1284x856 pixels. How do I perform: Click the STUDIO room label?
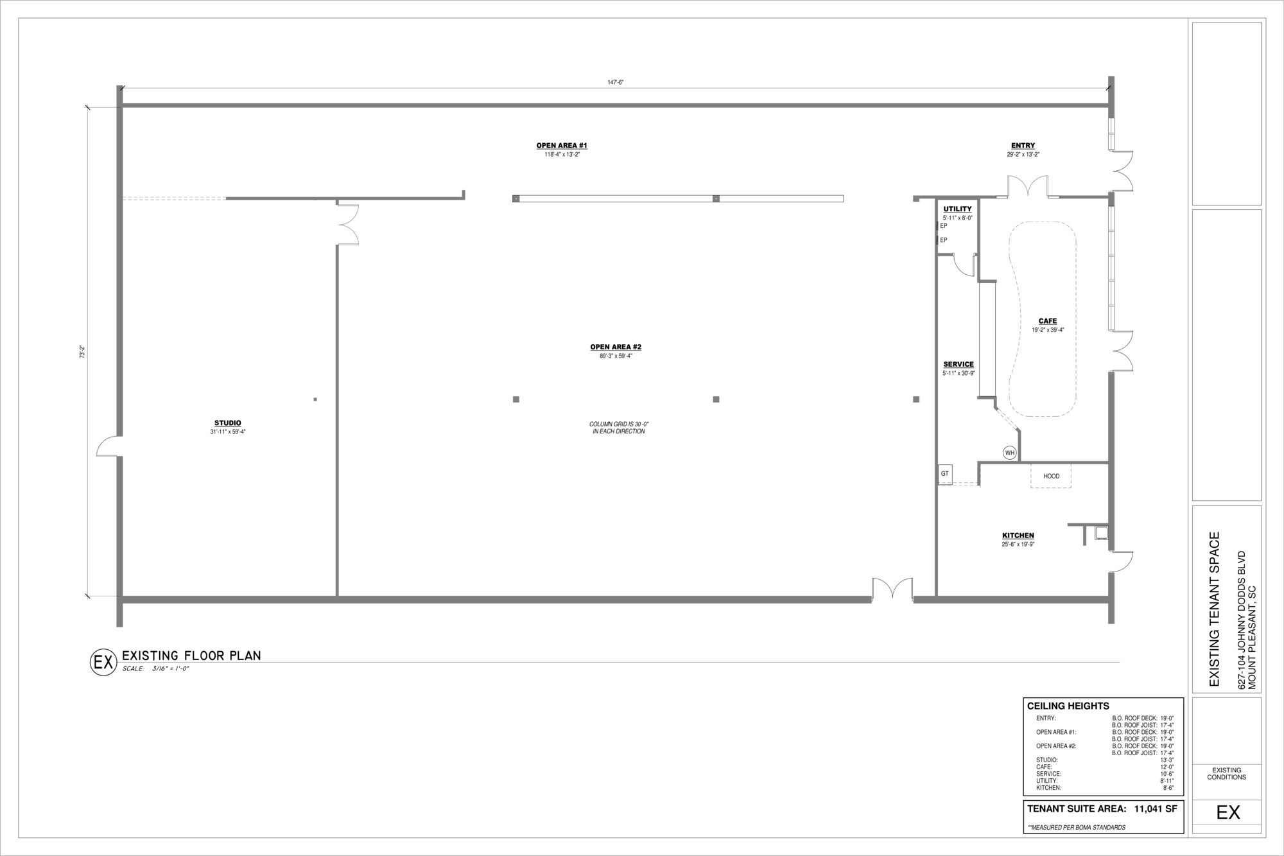point(228,423)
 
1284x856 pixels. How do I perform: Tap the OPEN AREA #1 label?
point(562,146)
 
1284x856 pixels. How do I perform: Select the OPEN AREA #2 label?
point(616,347)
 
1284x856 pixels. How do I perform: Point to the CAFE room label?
point(1048,322)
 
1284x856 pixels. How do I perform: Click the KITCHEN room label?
point(1018,536)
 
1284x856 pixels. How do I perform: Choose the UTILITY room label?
point(957,209)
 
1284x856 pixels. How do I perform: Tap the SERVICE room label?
point(959,365)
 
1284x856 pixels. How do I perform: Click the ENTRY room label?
point(1023,146)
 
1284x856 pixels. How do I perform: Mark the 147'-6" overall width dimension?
point(616,82)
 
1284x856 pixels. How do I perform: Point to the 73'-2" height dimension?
point(82,352)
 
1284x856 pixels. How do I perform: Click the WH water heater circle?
point(1010,453)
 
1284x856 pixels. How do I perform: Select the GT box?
point(945,474)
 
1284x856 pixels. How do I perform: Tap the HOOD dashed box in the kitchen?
point(1051,476)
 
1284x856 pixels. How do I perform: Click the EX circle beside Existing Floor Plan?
point(103,662)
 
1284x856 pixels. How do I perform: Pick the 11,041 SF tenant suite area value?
point(1156,809)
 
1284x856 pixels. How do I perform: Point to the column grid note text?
point(619,428)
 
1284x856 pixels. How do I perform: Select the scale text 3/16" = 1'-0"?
point(170,669)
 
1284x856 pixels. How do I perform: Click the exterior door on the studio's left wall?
point(108,446)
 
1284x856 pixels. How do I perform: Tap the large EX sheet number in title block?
point(1228,812)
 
